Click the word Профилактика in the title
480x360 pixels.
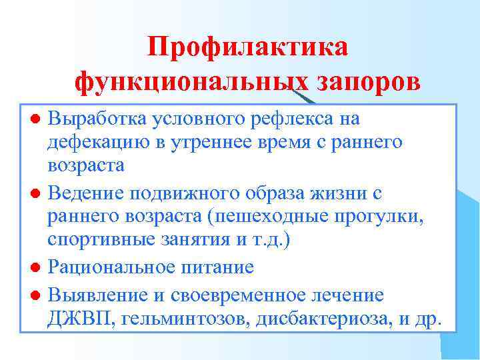247,47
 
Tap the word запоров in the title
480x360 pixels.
368,82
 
